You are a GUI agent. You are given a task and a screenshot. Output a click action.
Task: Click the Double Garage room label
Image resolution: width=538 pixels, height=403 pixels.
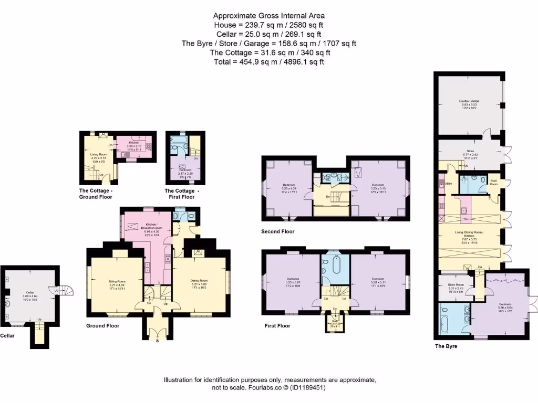point(469,101)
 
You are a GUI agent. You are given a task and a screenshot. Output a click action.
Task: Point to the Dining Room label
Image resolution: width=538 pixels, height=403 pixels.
point(199,280)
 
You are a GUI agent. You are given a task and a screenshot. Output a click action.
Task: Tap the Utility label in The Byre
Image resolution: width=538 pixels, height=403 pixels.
point(448,184)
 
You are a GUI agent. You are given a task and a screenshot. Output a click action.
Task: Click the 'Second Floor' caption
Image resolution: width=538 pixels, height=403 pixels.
point(278,231)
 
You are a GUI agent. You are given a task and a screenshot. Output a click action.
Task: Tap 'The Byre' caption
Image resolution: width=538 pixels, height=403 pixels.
point(446,346)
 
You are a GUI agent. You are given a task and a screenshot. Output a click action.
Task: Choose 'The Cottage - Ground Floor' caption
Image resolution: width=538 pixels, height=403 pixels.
point(96,194)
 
